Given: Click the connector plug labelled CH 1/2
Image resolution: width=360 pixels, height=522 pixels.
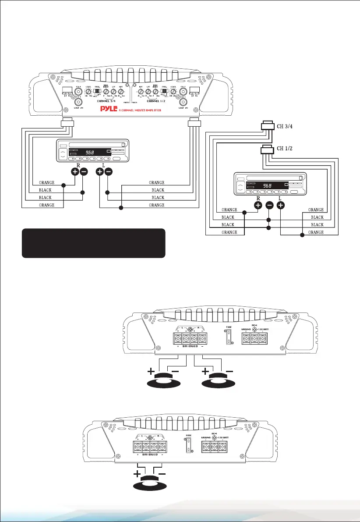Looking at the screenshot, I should pyautogui.click(x=267, y=150).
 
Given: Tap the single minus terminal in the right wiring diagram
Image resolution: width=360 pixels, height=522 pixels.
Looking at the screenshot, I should pyautogui.click(x=269, y=205).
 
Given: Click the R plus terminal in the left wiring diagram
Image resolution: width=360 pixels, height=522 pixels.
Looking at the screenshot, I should pyautogui.click(x=74, y=172).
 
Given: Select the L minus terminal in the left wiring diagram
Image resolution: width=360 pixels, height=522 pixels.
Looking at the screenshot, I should pyautogui.click(x=109, y=172).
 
